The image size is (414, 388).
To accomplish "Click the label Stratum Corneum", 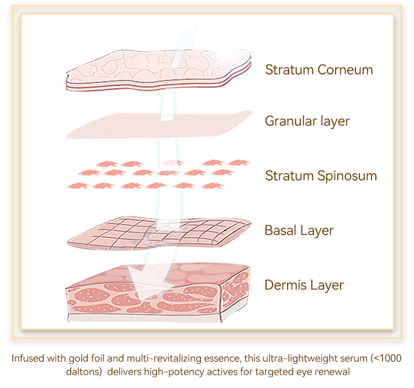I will coord(319,70).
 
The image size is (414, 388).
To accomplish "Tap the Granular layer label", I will coord(307,121).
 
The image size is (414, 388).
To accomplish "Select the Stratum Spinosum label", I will coord(321,176).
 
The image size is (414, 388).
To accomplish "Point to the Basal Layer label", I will coord(299,230).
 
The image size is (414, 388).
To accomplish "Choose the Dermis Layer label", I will coord(304,285).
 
